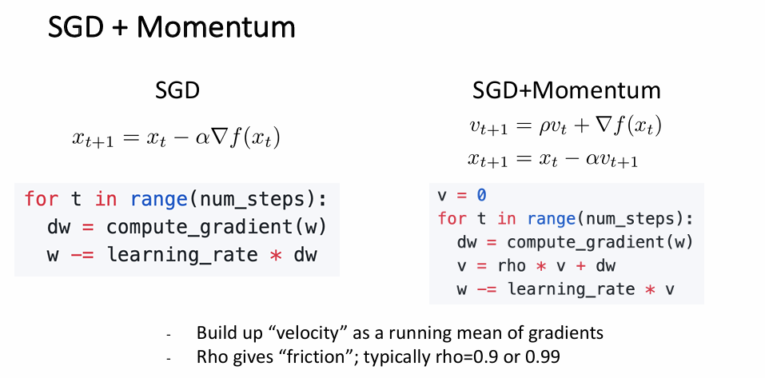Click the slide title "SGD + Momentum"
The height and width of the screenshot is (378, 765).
(x=172, y=28)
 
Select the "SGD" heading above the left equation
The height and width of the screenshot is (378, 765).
(x=177, y=92)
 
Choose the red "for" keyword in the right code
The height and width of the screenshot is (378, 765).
(x=452, y=218)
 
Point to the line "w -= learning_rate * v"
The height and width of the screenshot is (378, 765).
(x=566, y=289)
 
